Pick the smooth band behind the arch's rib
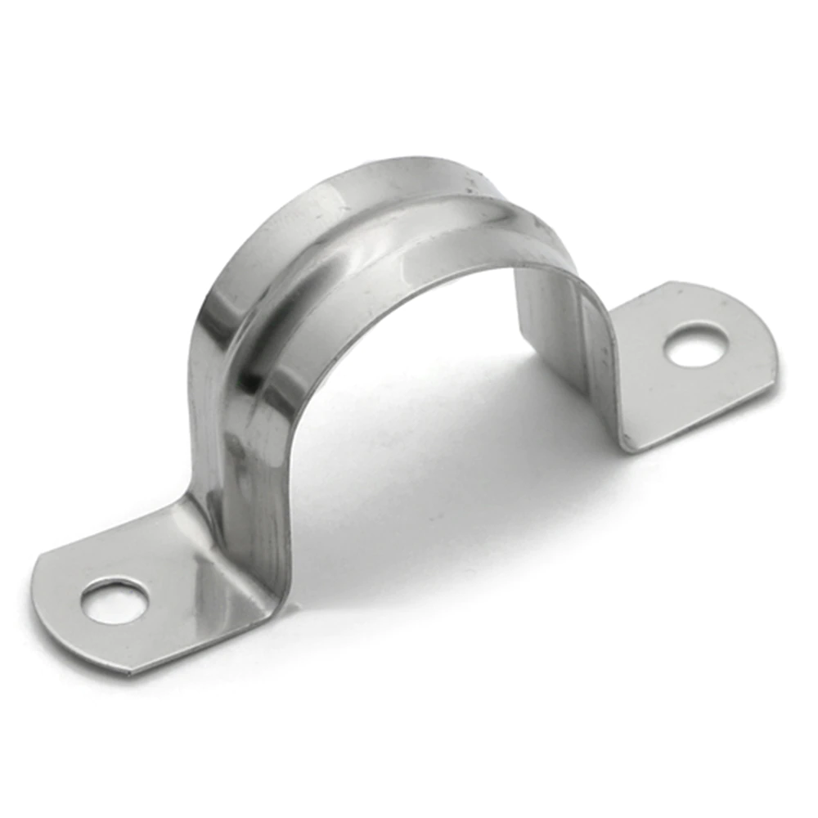point(393,176)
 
